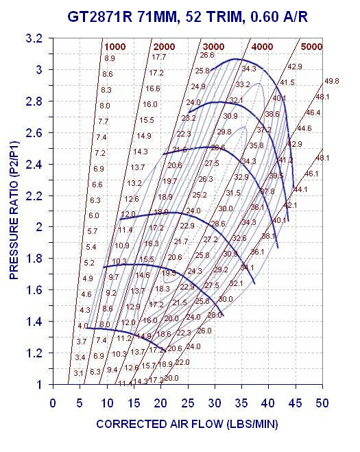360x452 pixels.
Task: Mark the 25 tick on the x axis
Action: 187,403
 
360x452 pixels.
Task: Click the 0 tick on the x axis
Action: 53,403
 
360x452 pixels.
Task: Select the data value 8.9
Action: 109,58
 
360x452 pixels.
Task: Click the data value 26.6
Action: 207,55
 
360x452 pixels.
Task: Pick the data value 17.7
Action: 159,57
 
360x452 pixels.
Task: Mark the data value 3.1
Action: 79,372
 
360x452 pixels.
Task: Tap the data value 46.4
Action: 313,112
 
